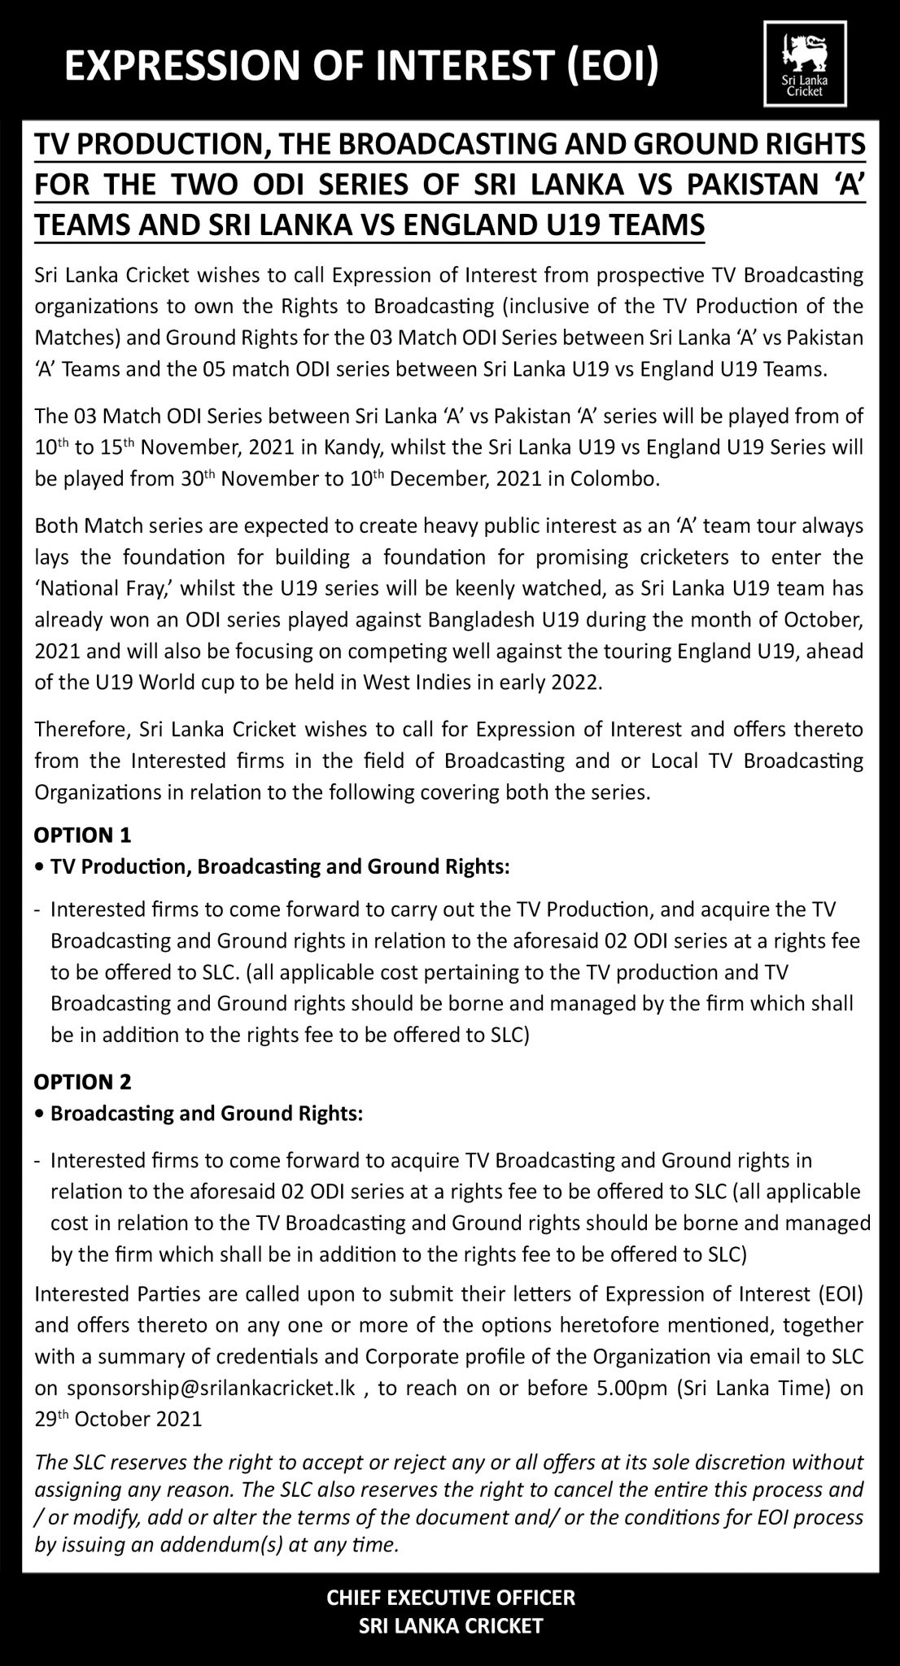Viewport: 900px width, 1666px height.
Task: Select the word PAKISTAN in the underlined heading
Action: (x=766, y=184)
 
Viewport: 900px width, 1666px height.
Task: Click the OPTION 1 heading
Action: (x=82, y=835)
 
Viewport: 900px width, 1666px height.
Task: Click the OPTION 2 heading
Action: (x=82, y=1083)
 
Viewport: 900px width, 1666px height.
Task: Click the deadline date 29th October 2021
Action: (x=119, y=1420)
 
